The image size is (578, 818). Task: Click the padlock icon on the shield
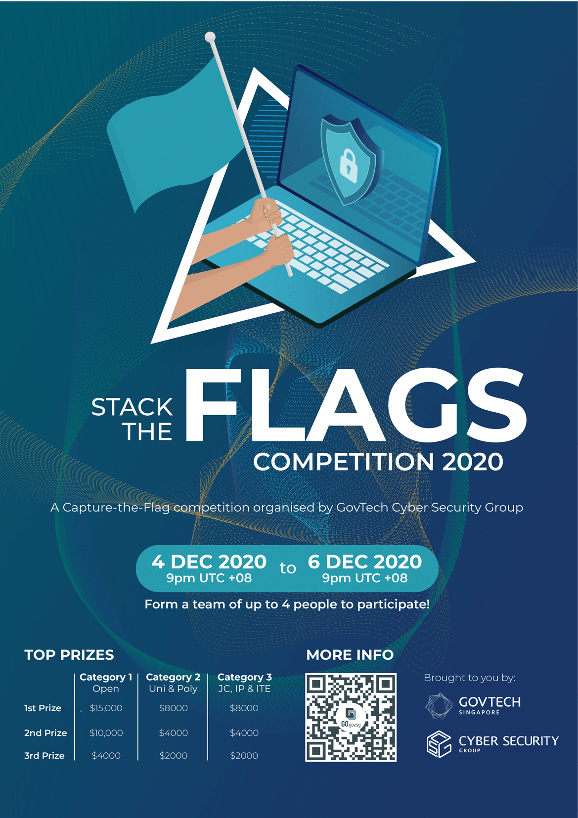349,164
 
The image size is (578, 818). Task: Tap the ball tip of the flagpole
210,37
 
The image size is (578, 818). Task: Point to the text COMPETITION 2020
378,462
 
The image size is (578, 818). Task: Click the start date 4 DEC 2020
209,562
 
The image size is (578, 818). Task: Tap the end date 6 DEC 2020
365,562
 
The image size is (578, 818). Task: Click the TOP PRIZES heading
69,655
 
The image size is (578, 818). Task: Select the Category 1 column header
106,677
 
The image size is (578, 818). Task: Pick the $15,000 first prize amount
106,708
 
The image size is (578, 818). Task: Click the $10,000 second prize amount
106,733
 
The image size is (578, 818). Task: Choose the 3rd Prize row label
44,756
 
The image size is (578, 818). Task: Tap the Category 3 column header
245,677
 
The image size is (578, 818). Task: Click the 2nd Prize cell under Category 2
174,733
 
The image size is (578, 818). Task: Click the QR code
351,717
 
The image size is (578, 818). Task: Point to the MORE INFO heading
350,655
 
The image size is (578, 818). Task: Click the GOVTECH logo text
489,702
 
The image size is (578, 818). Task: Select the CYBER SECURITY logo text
508,741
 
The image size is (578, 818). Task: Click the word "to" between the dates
288,568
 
